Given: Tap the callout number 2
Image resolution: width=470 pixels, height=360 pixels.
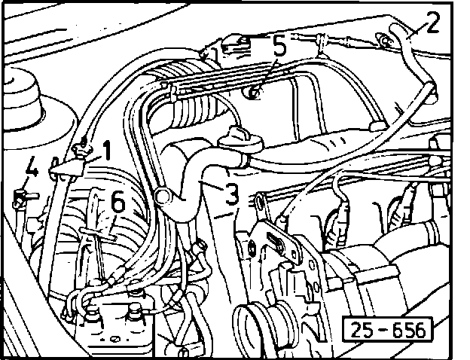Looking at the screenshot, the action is coord(431,21).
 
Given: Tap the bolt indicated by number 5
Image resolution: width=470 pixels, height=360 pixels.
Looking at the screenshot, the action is coord(255,94).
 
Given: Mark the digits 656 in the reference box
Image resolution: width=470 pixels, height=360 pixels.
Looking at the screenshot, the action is coord(405,329).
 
